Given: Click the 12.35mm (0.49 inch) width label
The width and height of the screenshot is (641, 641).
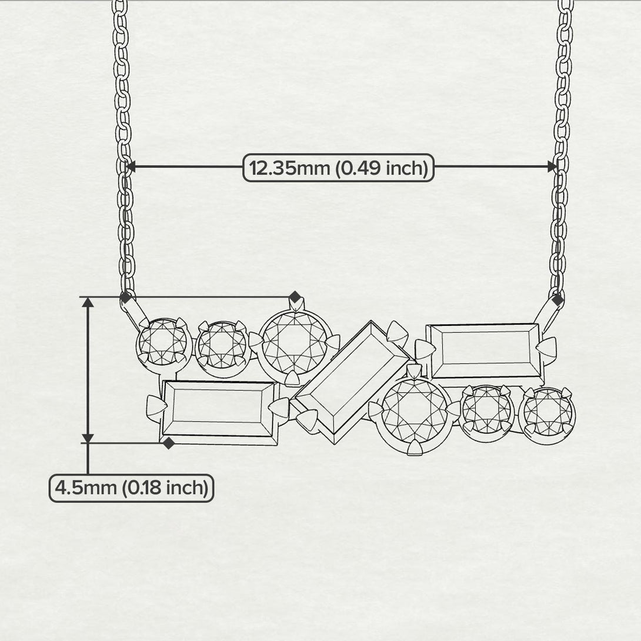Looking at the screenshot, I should click(338, 168).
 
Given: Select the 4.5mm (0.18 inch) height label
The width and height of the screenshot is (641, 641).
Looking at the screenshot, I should click(131, 488).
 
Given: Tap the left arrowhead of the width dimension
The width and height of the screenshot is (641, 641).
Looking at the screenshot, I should click(132, 167).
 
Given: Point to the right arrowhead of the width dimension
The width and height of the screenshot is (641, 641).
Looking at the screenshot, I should click(552, 167).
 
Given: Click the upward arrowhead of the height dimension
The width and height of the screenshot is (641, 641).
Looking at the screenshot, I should click(88, 303).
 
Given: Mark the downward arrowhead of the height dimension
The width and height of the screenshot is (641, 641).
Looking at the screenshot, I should click(88, 438).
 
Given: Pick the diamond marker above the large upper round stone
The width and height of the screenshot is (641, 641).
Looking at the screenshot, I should click(295, 296).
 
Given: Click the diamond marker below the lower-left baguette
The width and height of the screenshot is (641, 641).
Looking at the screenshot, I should click(169, 443).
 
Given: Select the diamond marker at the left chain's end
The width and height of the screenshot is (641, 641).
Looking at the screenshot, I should click(125, 298).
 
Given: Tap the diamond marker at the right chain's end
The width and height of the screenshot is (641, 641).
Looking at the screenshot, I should click(557, 299).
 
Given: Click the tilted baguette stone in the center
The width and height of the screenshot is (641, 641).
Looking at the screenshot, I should click(352, 382).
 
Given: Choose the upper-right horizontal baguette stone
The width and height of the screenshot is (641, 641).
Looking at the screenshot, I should click(485, 351).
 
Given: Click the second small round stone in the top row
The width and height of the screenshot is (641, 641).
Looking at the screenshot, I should click(221, 346).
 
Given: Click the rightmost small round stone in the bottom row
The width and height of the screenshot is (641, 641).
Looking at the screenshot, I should click(547, 412).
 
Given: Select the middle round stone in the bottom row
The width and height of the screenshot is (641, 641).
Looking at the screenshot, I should click(488, 409).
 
